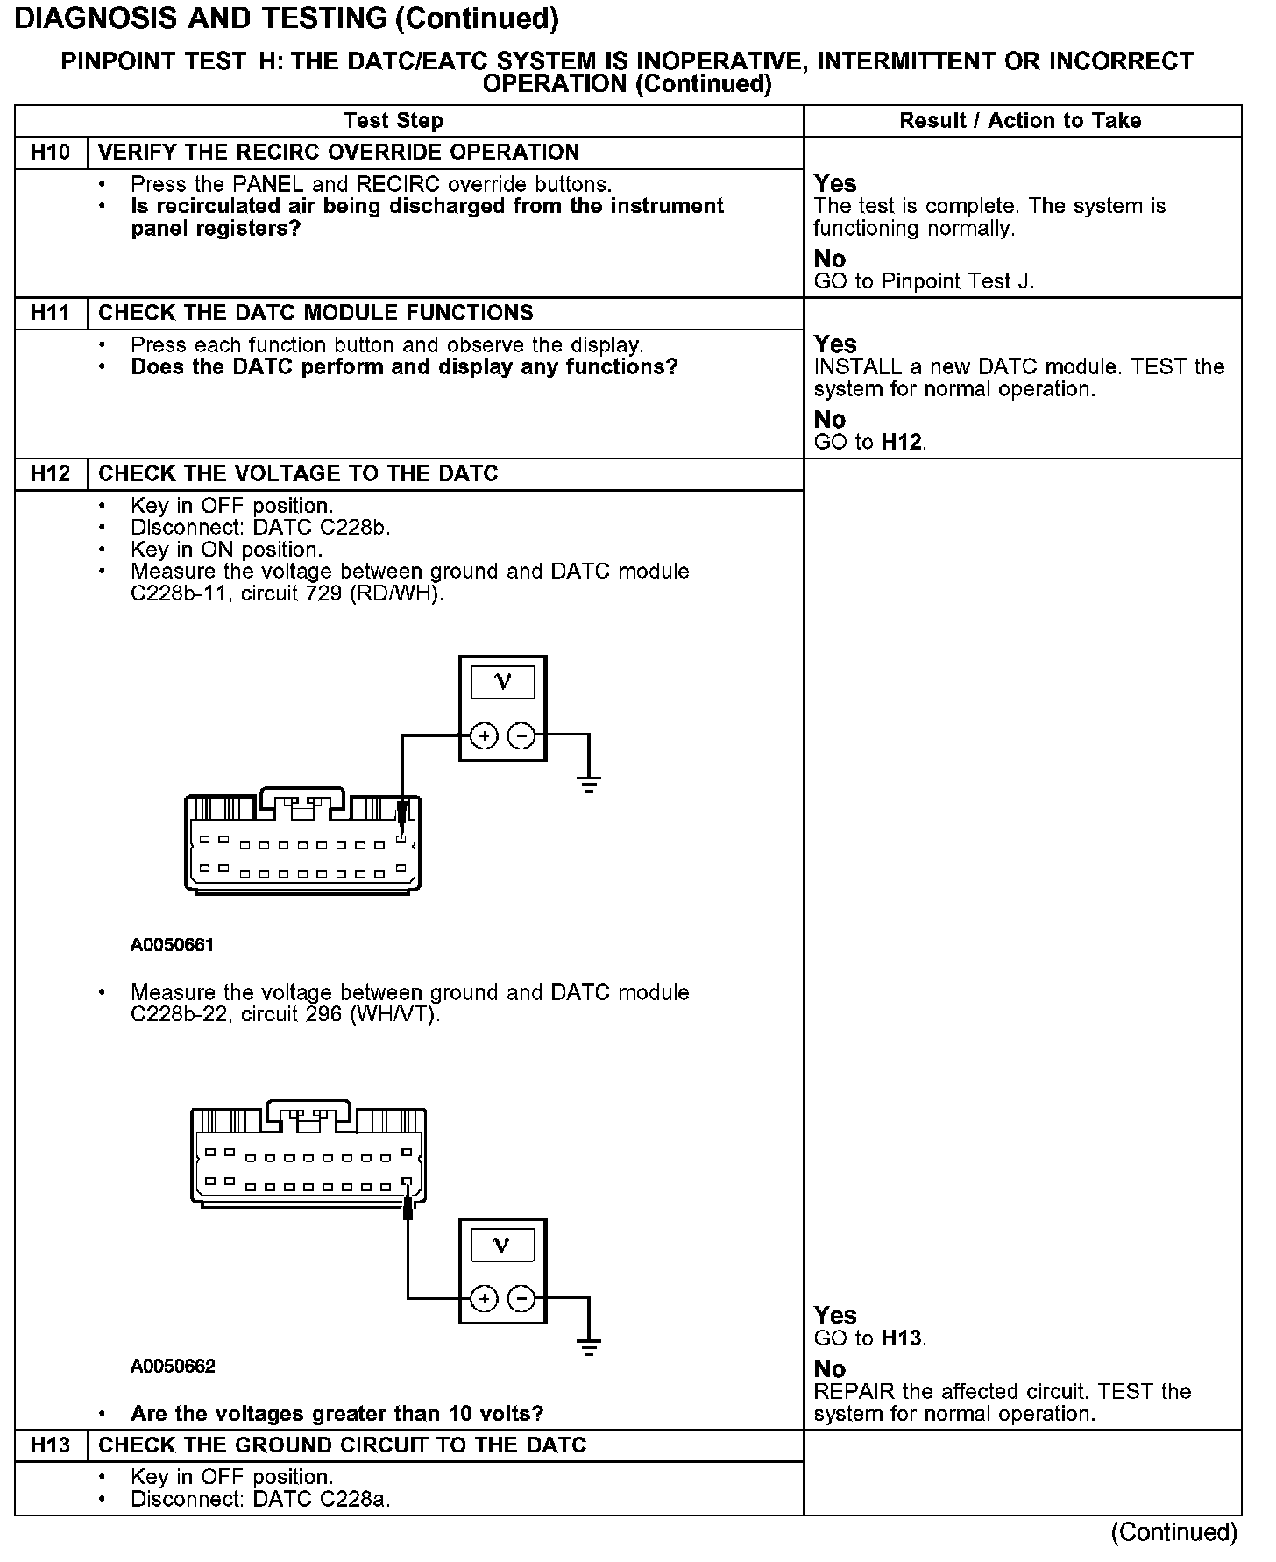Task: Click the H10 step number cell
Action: click(x=50, y=153)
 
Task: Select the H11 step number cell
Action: click(x=50, y=313)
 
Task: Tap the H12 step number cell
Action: click(x=50, y=474)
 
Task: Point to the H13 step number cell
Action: click(x=50, y=1445)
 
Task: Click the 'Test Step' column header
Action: click(x=393, y=121)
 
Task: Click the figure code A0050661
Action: click(x=173, y=945)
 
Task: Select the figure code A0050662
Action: click(x=173, y=1367)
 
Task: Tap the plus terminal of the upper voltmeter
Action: click(x=484, y=736)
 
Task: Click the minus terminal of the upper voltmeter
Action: click(x=521, y=736)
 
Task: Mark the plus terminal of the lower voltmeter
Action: click(x=484, y=1298)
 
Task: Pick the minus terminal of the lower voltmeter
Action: click(x=521, y=1298)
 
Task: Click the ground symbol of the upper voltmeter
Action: click(x=589, y=783)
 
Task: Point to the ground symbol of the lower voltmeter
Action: click(x=589, y=1346)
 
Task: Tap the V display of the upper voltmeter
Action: click(x=502, y=682)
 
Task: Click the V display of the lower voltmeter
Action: click(x=502, y=1245)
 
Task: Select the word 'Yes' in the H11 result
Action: click(x=835, y=344)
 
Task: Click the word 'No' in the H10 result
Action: click(x=829, y=259)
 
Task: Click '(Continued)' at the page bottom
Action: click(x=1173, y=1532)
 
